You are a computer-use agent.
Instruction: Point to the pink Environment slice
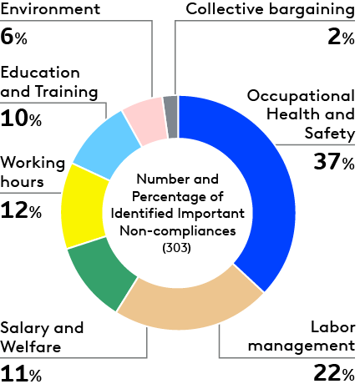pyautogui.click(x=144, y=118)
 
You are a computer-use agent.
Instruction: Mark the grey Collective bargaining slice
pyautogui.click(x=170, y=106)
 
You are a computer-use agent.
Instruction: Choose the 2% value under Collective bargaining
pyautogui.click(x=342, y=38)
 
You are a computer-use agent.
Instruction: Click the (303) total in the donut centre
pyautogui.click(x=177, y=248)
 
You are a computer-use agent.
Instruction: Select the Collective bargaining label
pyautogui.click(x=270, y=9)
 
